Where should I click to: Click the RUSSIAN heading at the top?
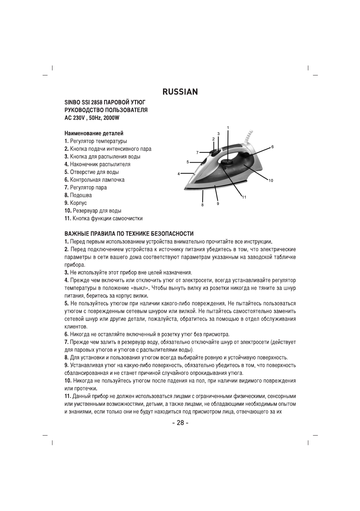[x=180, y=92]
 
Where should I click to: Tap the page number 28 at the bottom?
[x=180, y=423]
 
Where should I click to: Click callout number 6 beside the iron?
[x=272, y=147]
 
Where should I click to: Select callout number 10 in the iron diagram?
[x=271, y=181]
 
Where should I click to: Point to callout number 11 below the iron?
[x=244, y=197]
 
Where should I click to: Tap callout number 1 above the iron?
[x=228, y=127]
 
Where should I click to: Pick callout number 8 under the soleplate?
[x=202, y=205]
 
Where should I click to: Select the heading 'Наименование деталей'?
[x=94, y=134]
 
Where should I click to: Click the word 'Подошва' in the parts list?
[x=81, y=195]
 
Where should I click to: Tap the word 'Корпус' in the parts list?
[x=78, y=203]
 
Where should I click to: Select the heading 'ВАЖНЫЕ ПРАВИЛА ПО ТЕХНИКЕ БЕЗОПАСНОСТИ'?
[x=129, y=234]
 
